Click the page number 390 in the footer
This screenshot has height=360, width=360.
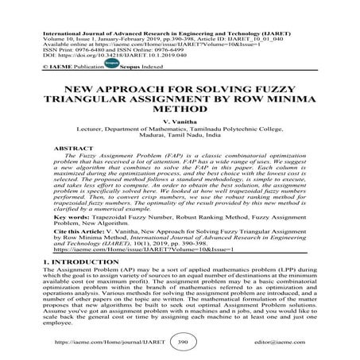click(x=180, y=342)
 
